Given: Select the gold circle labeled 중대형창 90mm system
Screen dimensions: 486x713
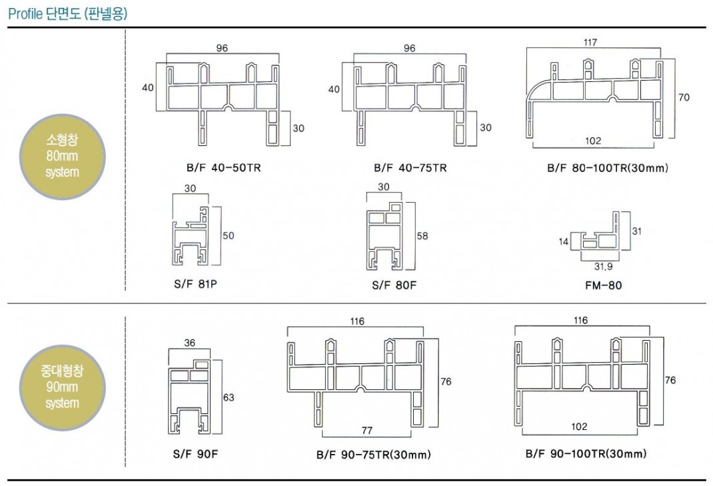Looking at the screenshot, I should pos(63,387).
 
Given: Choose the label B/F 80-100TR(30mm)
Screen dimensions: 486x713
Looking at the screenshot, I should pos(607,168).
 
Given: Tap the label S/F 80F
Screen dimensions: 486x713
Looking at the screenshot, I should pos(394,286).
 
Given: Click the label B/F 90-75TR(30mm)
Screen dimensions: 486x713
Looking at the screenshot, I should pos(373,455).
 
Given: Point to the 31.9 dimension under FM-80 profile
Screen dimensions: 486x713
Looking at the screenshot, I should pos(603,267).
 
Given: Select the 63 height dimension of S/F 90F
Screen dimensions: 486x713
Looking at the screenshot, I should pos(229,398).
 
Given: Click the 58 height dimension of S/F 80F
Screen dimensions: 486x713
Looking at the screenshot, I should pos(422,236).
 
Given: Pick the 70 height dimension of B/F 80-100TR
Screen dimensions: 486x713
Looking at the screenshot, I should pos(684,97).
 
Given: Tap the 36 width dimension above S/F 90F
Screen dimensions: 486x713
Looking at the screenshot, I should pos(190,343).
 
